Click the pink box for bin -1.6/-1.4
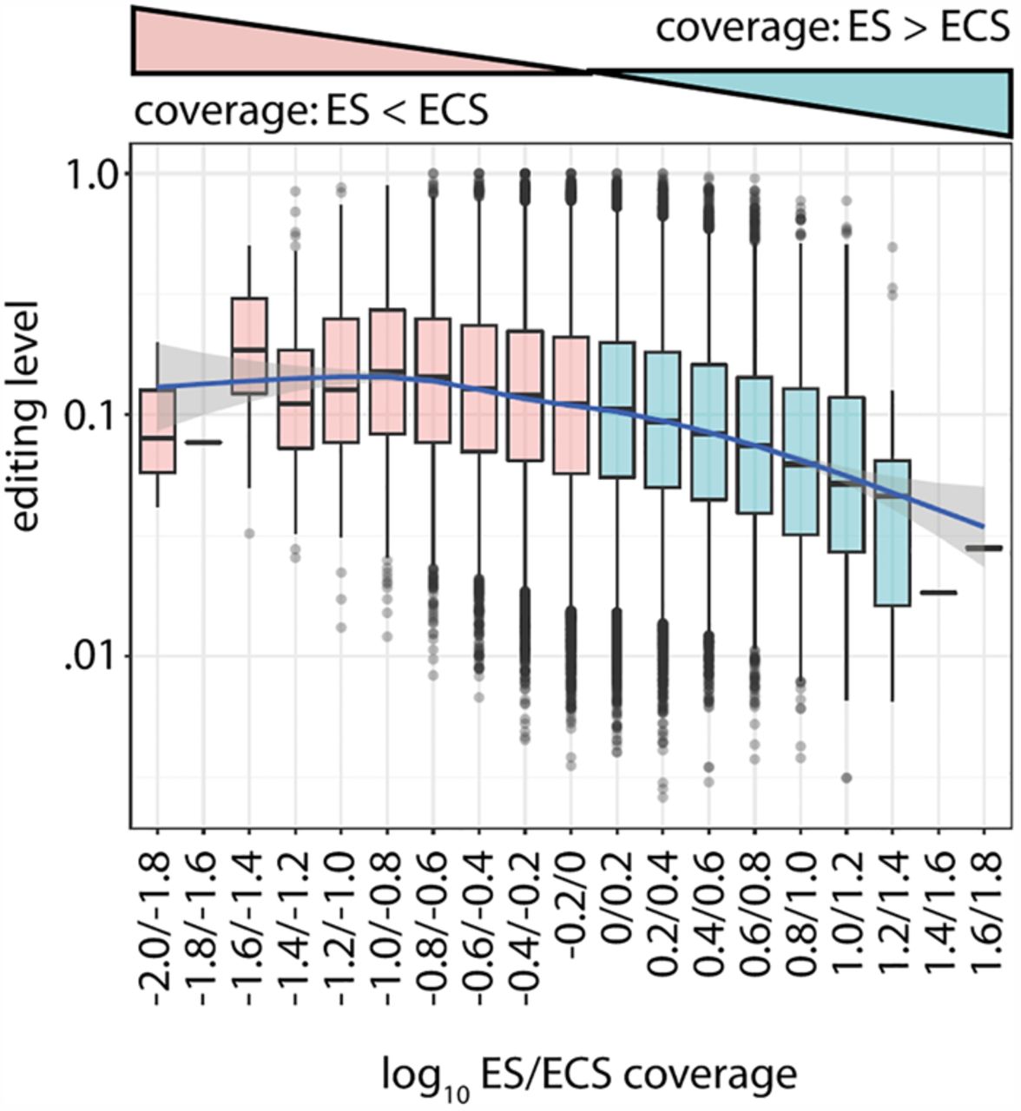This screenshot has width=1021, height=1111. pyautogui.click(x=250, y=346)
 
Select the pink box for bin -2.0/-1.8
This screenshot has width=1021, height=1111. pyautogui.click(x=158, y=431)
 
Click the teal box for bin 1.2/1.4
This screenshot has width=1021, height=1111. pyautogui.click(x=892, y=533)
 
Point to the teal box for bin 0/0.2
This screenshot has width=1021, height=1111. pyautogui.click(x=616, y=410)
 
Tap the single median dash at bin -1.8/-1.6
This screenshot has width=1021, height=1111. pyautogui.click(x=204, y=442)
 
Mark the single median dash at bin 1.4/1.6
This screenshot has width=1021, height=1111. pyautogui.click(x=939, y=593)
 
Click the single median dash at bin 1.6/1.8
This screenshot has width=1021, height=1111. pyautogui.click(x=985, y=549)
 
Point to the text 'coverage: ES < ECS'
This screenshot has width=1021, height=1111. pyautogui.click(x=312, y=111)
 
